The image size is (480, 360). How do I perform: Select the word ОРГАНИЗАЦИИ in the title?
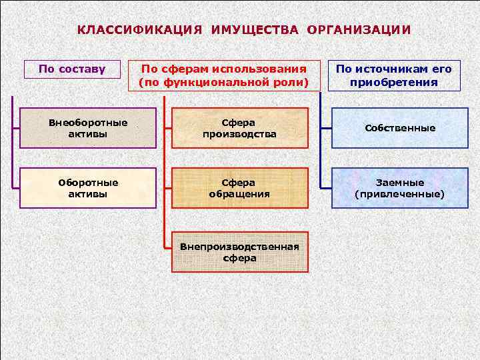pos(359,30)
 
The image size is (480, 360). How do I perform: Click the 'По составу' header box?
pos(72,69)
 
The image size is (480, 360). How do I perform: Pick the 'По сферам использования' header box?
pos(223,75)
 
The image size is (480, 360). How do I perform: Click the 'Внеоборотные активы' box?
pos(88,128)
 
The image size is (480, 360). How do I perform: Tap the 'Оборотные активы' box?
pos(88,188)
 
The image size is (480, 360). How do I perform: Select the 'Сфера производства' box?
pos(240,128)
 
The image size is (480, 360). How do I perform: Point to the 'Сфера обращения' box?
pos(240,188)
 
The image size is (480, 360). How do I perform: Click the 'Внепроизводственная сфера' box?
pos(240,252)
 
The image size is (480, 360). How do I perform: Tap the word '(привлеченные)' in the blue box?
pos(400,195)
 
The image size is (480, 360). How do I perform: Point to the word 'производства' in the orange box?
pos(240,135)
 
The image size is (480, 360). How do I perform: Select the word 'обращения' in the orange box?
pos(240,195)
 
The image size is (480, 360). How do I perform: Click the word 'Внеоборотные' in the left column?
pos(88,122)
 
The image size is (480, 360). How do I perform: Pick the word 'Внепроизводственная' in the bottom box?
pos(240,246)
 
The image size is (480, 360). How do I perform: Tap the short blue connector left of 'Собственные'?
pos(326,128)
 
